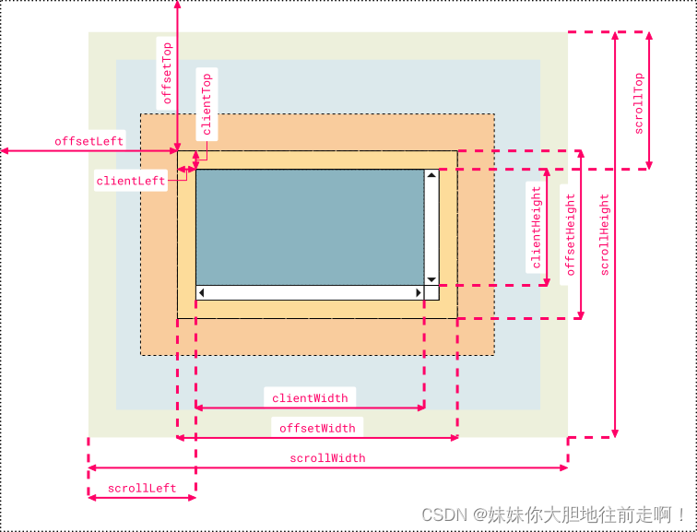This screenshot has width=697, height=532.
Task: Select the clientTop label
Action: [x=207, y=104]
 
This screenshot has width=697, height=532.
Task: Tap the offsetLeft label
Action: [x=89, y=141]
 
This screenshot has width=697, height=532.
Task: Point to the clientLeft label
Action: [x=131, y=182]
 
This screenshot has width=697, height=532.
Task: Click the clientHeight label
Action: [x=537, y=227]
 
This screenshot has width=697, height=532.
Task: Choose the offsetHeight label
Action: [x=571, y=234]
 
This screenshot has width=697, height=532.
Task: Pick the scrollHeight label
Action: [x=605, y=234]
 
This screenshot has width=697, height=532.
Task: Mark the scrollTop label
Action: [x=638, y=103]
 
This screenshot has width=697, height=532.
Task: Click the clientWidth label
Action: [x=310, y=398]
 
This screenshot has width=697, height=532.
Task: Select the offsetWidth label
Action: [x=317, y=428]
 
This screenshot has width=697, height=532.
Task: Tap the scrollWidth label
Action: [x=327, y=458]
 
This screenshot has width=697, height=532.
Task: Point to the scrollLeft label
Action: [x=142, y=488]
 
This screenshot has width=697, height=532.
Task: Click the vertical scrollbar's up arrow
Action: [x=431, y=175]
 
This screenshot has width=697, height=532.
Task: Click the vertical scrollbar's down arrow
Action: [x=431, y=279]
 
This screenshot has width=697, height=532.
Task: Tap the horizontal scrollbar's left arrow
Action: [x=202, y=293]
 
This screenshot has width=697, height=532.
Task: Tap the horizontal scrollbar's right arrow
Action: [x=417, y=293]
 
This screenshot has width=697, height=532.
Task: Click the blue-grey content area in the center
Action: [x=309, y=227]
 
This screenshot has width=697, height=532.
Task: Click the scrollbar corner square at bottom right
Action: [x=431, y=293]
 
